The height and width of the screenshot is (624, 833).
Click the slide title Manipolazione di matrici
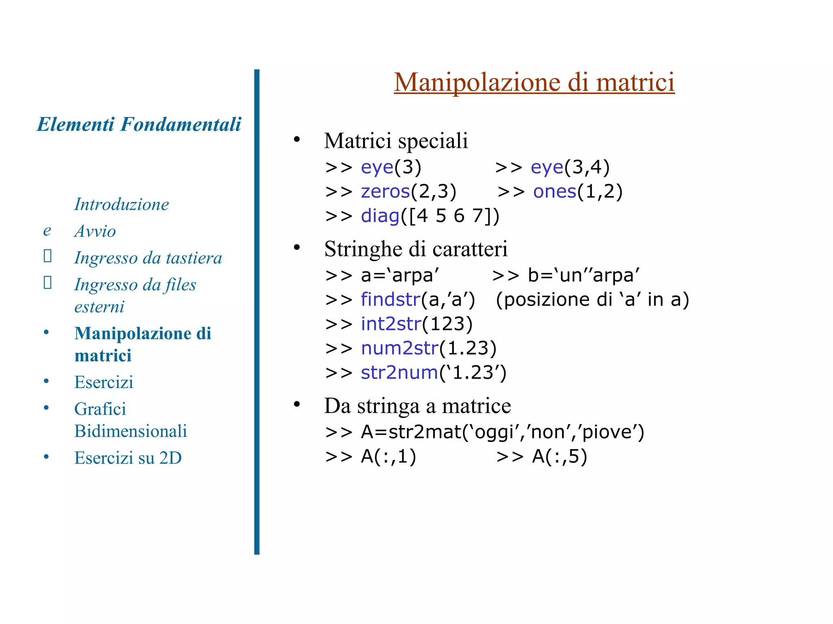(534, 82)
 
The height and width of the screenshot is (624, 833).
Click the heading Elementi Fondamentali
(139, 124)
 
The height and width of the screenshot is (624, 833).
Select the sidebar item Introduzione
(121, 204)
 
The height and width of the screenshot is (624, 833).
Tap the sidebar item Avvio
(95, 231)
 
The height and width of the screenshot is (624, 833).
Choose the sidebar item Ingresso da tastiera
(148, 258)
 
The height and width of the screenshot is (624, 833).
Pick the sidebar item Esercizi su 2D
(128, 458)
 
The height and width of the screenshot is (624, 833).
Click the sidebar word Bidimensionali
(131, 431)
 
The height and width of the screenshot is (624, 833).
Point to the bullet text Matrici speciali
(396, 141)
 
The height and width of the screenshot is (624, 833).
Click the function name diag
(380, 216)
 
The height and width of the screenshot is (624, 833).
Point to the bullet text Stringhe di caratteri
(416, 249)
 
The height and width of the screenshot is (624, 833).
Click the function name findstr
(390, 300)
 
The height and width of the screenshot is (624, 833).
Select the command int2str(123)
(416, 324)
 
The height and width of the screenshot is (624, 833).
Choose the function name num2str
(399, 349)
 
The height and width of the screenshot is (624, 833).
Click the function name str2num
(399, 373)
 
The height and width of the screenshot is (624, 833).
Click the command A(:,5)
(560, 457)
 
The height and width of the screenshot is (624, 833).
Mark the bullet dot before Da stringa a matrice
(297, 404)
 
